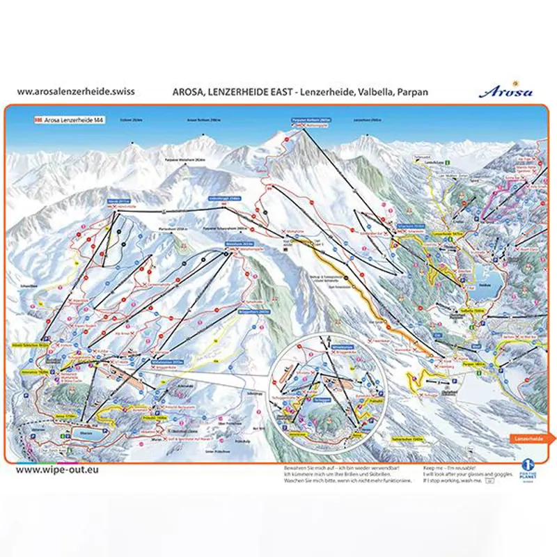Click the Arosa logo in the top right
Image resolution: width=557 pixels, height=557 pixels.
coord(506,91)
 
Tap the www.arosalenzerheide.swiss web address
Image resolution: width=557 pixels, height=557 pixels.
coord(75,91)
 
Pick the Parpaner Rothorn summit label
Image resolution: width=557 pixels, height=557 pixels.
coord(306,120)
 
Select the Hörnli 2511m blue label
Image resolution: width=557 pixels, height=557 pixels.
coord(119,201)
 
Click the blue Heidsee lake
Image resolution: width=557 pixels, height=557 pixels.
coord(489,278)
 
